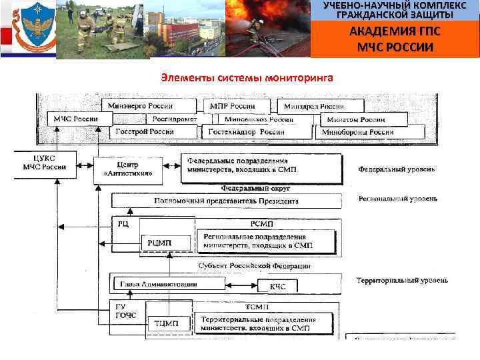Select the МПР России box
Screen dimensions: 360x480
[x=232, y=106]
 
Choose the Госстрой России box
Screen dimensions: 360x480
[x=145, y=132]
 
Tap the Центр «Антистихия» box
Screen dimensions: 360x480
[x=128, y=168]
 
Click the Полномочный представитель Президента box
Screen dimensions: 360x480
[x=226, y=201]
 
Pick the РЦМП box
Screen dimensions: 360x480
[x=159, y=243]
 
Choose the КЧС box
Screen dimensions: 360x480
[x=278, y=287]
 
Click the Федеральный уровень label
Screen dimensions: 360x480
[x=397, y=169]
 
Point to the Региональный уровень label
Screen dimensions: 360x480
[x=397, y=199]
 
